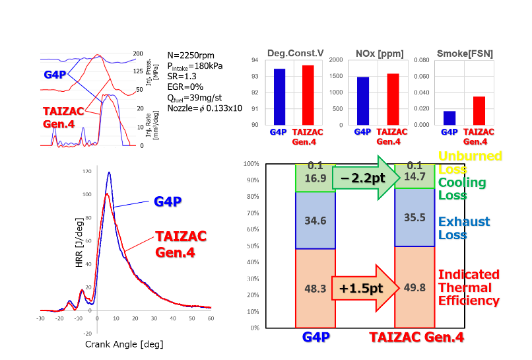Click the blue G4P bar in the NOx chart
[x=362, y=100]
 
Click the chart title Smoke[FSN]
[x=465, y=54]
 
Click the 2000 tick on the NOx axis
[x=336, y=60]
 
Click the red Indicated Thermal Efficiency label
[x=469, y=287]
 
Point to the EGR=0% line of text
[x=186, y=87]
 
